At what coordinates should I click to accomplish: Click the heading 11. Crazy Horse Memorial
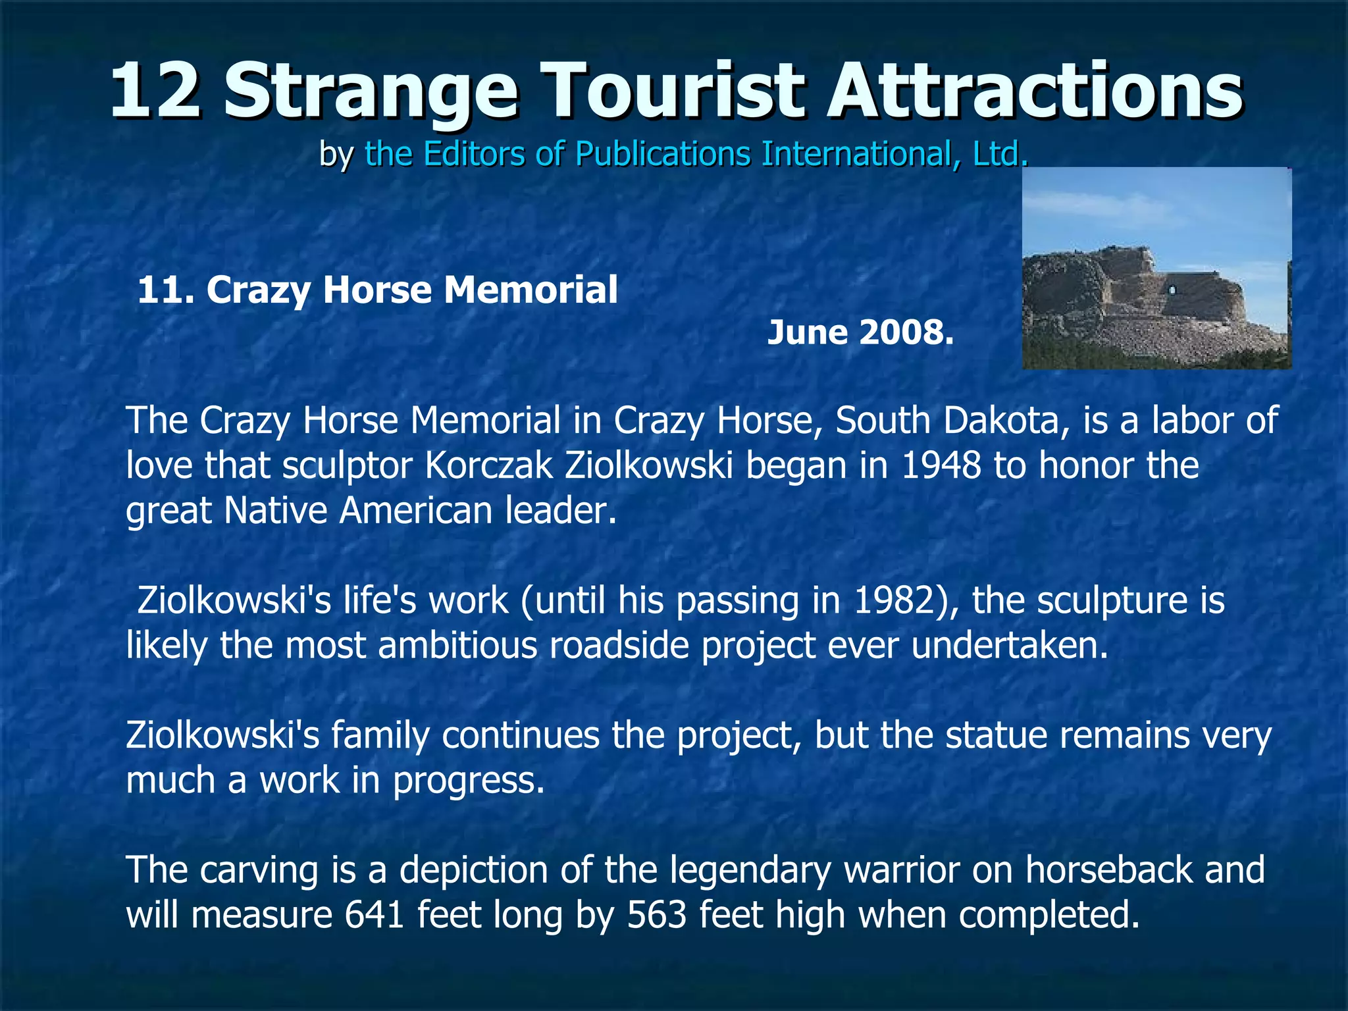(x=377, y=290)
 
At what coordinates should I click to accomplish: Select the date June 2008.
(x=860, y=332)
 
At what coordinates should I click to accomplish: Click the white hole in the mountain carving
(x=1171, y=290)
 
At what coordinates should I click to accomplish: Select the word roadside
(x=619, y=645)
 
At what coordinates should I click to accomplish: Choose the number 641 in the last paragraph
(x=374, y=915)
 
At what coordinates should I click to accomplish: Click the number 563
(x=656, y=915)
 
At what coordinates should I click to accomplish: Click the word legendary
(x=750, y=870)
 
